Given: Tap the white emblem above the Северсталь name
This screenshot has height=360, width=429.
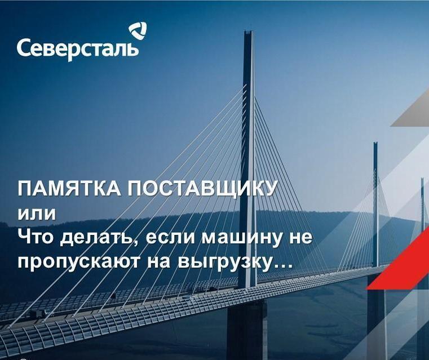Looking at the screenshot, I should coord(138,30).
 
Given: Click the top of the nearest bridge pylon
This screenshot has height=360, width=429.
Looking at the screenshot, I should coord(248,33).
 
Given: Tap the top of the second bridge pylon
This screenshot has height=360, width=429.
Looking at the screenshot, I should coord(375,145).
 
